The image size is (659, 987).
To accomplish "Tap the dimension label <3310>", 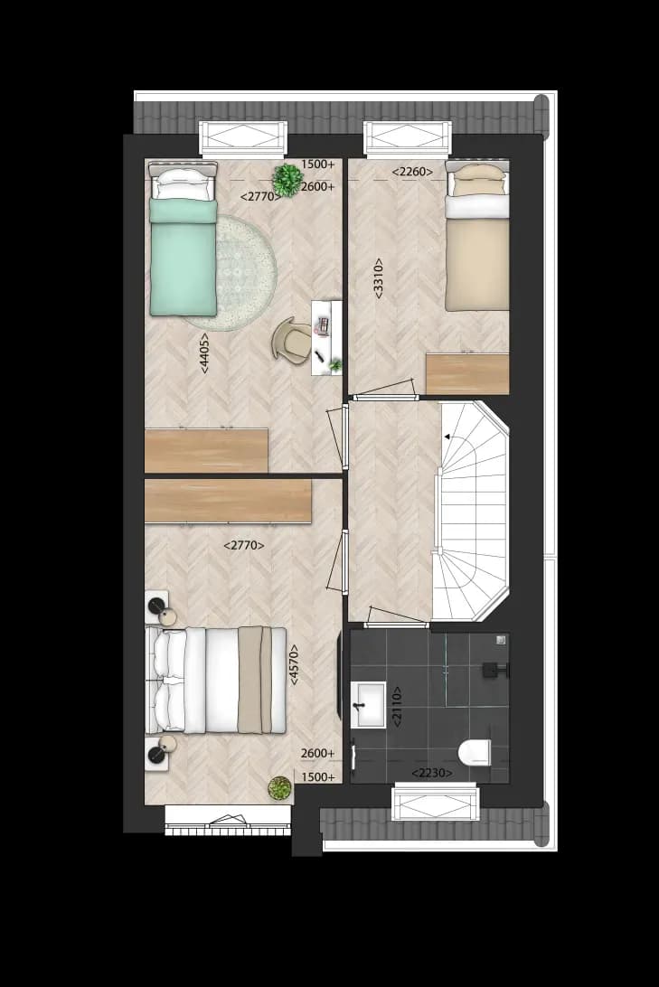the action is pos(378,278).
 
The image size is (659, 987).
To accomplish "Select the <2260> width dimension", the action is pos(413,171).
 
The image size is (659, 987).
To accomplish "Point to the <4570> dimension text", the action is pos(293,664).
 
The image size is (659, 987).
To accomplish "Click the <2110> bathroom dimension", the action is pos(397,707).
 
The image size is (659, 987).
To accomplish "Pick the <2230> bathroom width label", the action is pos(432,773).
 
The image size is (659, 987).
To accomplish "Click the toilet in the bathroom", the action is pos(475,752).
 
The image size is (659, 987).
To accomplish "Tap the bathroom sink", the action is pos(368,704).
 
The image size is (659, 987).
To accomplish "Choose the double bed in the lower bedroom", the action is pos(216,681).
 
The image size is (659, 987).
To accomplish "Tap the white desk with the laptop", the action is pos(326,338).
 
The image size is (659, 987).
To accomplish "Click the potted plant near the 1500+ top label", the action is pos(287,180).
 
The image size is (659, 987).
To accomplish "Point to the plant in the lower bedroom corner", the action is pos(280,787).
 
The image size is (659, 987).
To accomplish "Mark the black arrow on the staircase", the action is pos(447,437).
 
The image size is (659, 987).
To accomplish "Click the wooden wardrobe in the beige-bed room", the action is pos(467,374).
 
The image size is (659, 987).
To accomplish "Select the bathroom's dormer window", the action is pos(435,802).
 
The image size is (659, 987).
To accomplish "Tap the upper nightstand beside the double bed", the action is pos(158,606).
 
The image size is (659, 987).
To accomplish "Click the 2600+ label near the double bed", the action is pos(318,754).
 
